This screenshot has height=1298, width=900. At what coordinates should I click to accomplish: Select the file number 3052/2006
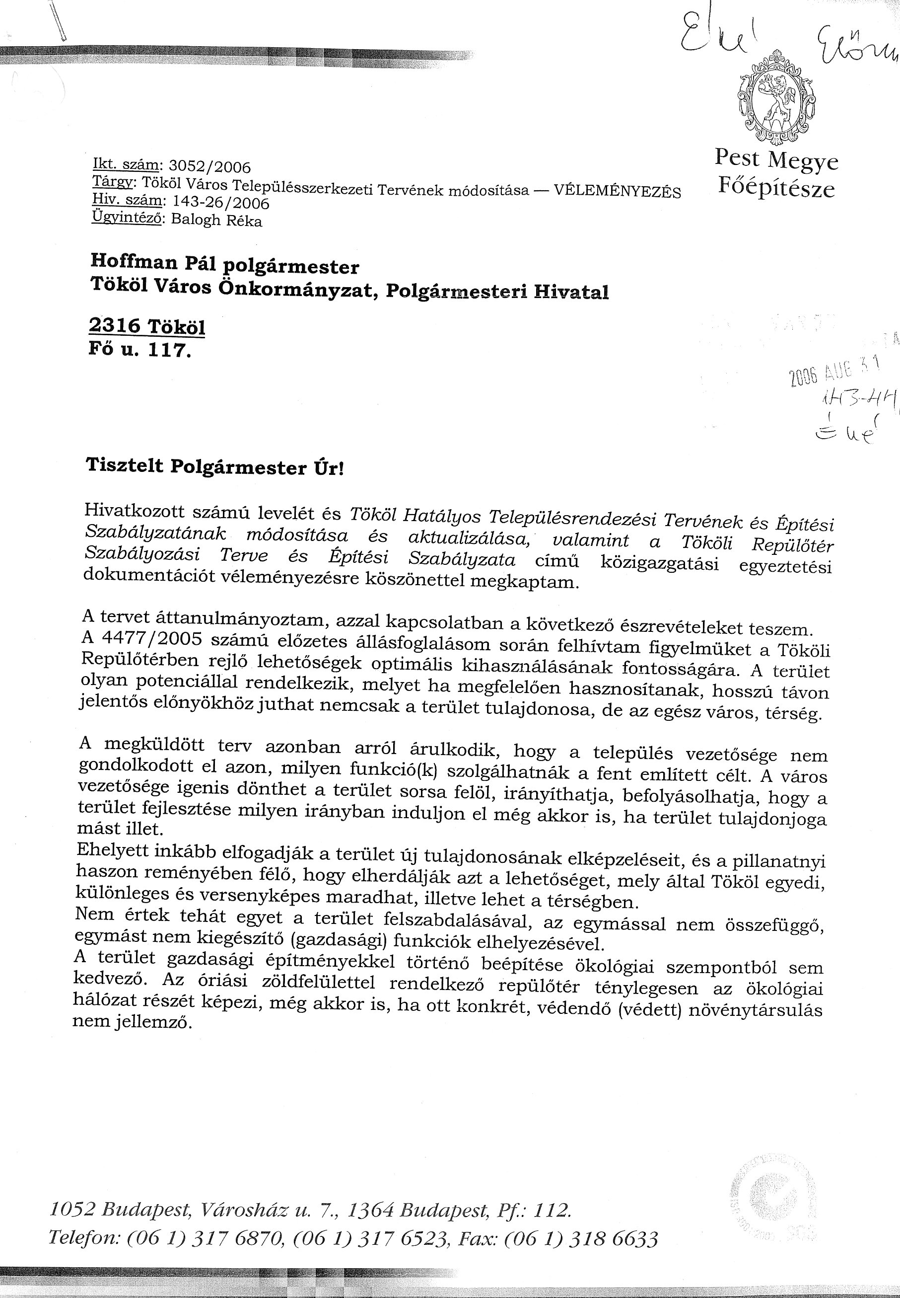coord(210,166)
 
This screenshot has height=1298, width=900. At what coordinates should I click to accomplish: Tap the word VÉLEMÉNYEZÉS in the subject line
coord(618,191)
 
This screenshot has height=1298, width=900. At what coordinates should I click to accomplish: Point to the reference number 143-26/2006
coord(220,202)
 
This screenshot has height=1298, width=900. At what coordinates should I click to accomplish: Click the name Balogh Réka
coord(216,220)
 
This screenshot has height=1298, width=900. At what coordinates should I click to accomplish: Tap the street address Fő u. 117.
coord(140,350)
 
